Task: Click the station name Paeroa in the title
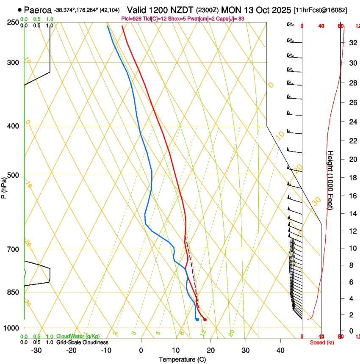(x=38, y=10)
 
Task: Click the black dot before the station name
(x=19, y=9)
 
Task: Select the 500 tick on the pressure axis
(x=14, y=175)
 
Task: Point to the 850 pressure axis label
(x=14, y=292)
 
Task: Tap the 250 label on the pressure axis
(x=14, y=22)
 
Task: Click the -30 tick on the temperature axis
(x=37, y=350)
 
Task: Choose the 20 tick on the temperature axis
(x=211, y=350)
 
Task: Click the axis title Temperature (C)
(x=182, y=359)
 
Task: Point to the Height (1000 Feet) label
(x=331, y=180)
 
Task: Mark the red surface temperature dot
(x=205, y=319)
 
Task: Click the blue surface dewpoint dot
(x=197, y=319)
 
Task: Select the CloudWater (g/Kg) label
(x=78, y=336)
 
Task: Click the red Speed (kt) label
(x=322, y=342)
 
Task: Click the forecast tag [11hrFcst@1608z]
(x=320, y=10)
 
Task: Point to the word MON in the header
(x=233, y=10)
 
